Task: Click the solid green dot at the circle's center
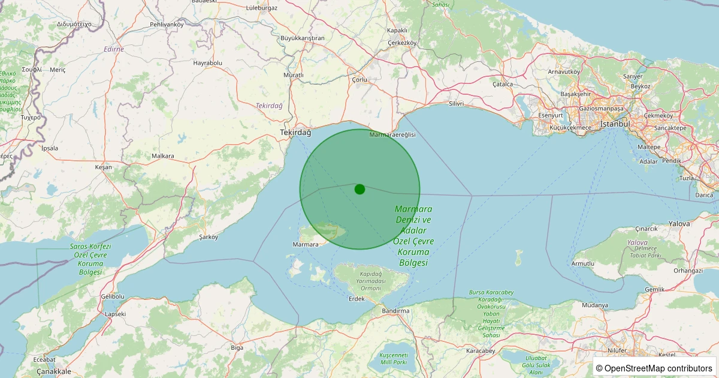[359, 189]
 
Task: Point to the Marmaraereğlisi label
[392, 134]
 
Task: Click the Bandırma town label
[395, 311]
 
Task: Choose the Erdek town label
[357, 299]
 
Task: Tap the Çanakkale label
[54, 371]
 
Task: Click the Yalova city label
[679, 223]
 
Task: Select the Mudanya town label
[594, 305]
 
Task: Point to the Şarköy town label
[209, 237]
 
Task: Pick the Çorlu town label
[359, 79]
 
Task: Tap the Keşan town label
[103, 167]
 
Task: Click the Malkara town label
[163, 156]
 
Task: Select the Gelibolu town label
[113, 296]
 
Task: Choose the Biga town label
[237, 347]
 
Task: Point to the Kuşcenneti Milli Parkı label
[393, 359]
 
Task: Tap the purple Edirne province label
[114, 49]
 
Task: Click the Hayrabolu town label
[208, 62]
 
